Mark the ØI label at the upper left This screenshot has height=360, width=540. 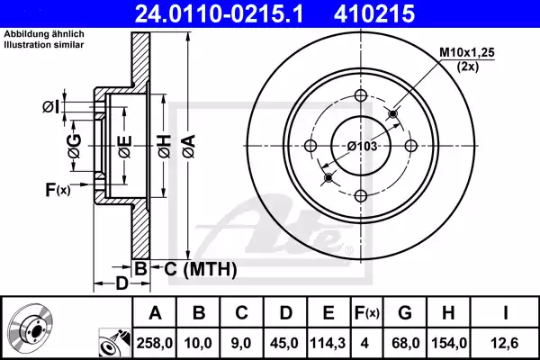tap(51, 107)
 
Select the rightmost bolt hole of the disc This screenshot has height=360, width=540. tap(410, 147)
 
